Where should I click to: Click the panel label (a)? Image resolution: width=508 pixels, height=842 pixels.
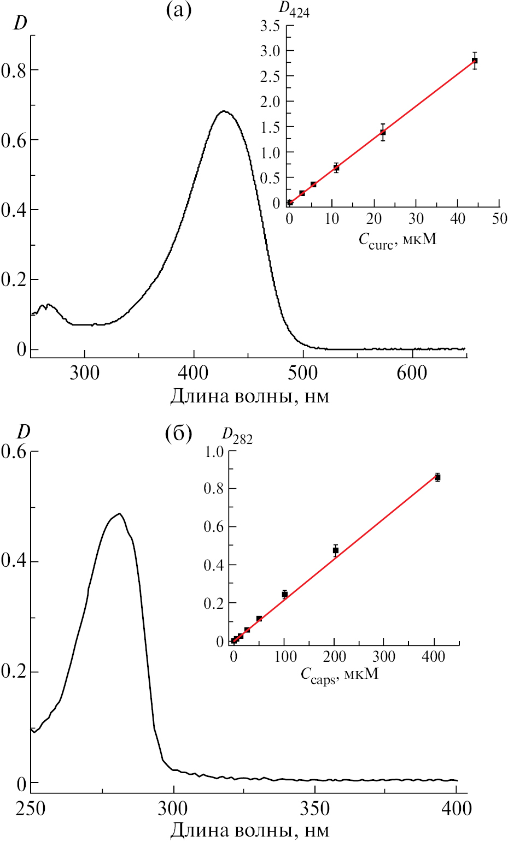click(x=179, y=11)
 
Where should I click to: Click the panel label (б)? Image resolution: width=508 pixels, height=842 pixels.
click(x=178, y=434)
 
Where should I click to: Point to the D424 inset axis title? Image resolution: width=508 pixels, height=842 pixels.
click(x=294, y=10)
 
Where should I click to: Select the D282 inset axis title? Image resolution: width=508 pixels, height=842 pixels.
click(x=237, y=435)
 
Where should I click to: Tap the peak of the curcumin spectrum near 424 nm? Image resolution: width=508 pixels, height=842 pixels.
click(x=224, y=111)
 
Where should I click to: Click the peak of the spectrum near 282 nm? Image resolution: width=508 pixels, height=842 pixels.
click(x=119, y=513)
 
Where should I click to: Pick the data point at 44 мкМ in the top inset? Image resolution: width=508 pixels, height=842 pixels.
click(x=475, y=61)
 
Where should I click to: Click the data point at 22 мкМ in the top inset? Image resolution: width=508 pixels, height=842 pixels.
click(x=383, y=132)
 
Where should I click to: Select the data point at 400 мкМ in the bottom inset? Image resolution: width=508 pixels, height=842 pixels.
click(x=437, y=477)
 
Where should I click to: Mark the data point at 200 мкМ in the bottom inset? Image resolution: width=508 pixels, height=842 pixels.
click(x=336, y=550)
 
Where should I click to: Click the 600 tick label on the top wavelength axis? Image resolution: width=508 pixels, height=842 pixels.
click(x=412, y=373)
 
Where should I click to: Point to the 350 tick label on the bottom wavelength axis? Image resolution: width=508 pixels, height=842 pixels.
click(x=315, y=808)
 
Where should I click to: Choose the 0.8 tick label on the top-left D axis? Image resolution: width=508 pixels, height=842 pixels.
click(x=14, y=70)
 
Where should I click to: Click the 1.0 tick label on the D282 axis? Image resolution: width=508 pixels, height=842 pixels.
click(x=213, y=452)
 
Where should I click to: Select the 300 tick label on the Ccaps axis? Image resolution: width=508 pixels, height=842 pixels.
click(x=384, y=656)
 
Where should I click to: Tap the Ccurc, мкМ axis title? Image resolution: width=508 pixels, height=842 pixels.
click(x=398, y=240)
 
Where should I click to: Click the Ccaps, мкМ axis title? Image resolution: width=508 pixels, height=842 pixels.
click(x=340, y=674)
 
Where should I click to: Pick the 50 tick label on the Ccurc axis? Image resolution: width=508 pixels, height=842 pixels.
click(x=499, y=220)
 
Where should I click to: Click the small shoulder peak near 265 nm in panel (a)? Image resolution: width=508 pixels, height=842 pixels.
click(x=48, y=305)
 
